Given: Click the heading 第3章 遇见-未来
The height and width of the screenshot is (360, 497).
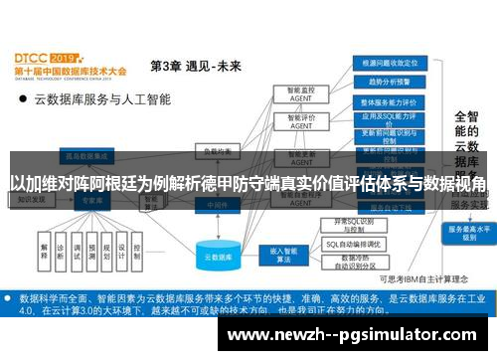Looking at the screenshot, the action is tap(195, 67).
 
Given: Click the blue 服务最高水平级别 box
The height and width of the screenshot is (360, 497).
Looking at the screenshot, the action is tap(465, 231).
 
